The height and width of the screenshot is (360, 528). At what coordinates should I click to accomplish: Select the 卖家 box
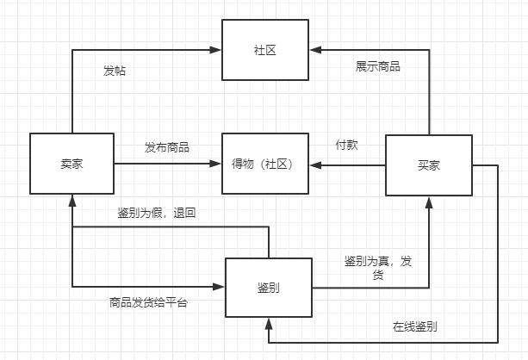(72, 164)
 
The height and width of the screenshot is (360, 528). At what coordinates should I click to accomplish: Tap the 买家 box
(427, 165)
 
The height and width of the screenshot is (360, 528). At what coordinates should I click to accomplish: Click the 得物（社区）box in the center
(265, 164)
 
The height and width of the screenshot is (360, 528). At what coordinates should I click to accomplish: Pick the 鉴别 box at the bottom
(268, 287)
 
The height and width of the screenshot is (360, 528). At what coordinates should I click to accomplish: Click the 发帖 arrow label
(114, 71)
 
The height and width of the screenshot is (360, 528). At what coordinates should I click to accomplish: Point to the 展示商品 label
(377, 66)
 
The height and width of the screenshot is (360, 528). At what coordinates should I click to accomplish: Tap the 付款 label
(346, 145)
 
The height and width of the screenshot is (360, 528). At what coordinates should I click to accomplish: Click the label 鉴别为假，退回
(157, 213)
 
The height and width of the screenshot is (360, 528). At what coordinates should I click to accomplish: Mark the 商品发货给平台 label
(148, 302)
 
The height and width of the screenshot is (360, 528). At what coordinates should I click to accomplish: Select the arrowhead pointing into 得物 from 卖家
(217, 164)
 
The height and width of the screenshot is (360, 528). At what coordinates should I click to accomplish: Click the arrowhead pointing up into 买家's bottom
(427, 201)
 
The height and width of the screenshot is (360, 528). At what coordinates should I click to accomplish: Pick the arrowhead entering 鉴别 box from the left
(220, 287)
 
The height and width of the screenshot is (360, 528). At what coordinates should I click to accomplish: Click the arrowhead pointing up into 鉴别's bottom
(268, 322)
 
